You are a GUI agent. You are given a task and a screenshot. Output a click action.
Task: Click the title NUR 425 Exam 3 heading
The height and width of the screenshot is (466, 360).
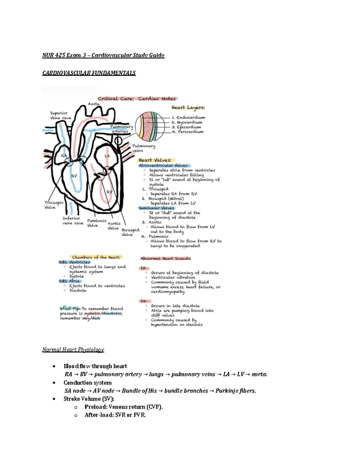coord(103,55)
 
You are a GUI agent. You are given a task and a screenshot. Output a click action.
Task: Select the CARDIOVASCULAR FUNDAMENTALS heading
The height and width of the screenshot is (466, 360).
coord(89,73)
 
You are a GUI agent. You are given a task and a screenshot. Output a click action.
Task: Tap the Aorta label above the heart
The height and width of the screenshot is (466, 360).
coord(93,104)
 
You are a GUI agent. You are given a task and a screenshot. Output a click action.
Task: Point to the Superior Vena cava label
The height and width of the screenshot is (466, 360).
coord(60,116)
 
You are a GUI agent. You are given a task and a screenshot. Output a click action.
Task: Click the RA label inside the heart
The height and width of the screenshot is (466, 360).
coord(64,156)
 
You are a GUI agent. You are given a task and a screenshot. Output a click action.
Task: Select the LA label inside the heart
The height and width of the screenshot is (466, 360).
coord(107,156)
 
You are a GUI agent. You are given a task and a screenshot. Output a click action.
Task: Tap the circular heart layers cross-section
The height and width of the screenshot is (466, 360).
coord(150,126)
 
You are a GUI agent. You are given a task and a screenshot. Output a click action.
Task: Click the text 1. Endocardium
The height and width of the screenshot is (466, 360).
coord(188,118)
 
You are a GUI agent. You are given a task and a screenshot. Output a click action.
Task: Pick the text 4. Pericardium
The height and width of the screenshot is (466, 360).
coord(187,132)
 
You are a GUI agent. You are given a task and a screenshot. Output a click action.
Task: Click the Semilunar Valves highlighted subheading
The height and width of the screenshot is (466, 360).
coord(156,208)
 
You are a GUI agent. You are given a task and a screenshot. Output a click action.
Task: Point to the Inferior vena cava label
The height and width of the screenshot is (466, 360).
coord(72,221)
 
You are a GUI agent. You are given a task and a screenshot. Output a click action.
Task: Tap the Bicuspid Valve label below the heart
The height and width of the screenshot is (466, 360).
coord(130,232)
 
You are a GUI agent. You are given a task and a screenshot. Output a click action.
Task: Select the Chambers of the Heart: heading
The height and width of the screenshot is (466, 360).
coord(96,257)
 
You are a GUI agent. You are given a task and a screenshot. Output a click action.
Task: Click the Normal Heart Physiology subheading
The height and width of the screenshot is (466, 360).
coord(73,350)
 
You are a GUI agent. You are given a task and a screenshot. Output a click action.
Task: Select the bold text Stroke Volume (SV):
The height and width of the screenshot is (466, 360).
coord(89,399)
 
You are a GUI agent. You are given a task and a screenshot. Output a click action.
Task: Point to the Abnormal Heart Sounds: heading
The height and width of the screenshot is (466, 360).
coord(166,258)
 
